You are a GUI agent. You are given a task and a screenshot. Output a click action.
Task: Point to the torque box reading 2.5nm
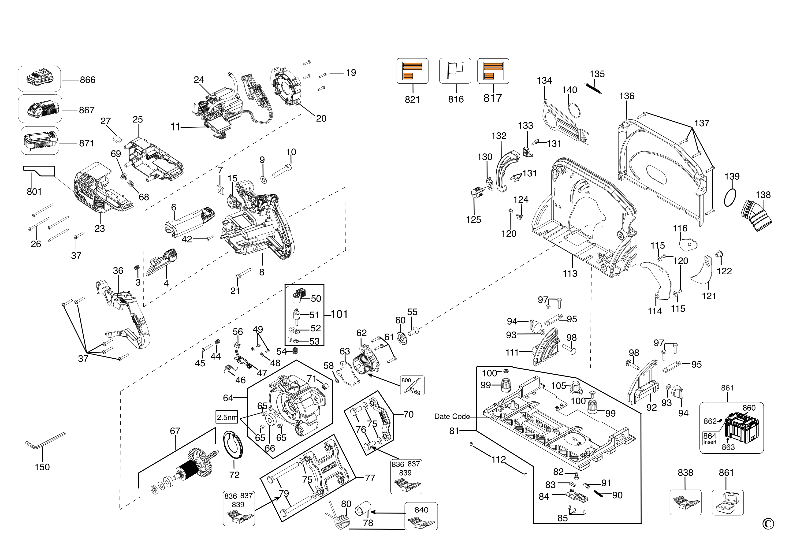pos(227,417)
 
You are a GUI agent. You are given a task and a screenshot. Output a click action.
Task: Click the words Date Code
pos(452,417)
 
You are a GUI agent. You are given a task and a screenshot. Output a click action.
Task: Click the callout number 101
pos(339,314)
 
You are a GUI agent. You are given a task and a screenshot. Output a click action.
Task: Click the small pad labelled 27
pos(117,138)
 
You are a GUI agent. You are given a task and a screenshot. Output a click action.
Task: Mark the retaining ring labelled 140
pos(575,111)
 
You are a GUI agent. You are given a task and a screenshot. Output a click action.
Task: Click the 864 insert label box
pos(710,438)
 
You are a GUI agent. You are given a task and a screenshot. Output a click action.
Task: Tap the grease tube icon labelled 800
pos(412,385)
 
